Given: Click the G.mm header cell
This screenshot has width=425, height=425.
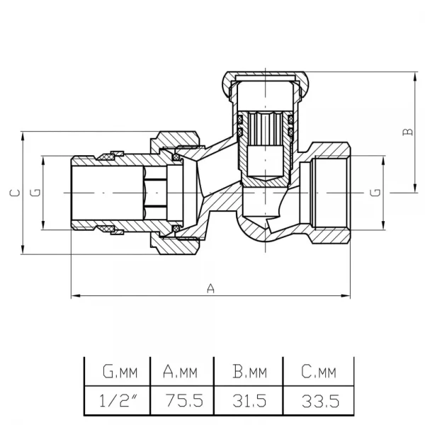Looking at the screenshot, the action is click(x=120, y=372).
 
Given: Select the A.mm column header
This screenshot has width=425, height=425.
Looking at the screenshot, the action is click(x=180, y=372).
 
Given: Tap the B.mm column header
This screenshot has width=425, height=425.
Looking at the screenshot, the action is click(x=249, y=372).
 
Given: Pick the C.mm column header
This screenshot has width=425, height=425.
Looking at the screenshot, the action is click(x=319, y=372).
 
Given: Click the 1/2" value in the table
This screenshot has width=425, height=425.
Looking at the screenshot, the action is click(x=118, y=401).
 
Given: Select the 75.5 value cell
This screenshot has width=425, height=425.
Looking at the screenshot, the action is click(x=184, y=401).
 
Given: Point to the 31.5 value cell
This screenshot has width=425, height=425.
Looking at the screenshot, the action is click(x=249, y=401).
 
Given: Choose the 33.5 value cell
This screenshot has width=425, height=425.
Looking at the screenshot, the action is click(x=320, y=401).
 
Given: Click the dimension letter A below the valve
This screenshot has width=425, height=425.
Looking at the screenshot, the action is click(x=210, y=288).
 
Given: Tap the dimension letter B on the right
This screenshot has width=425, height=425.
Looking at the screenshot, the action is click(x=408, y=132).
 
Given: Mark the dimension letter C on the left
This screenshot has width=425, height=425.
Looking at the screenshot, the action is click(x=15, y=193).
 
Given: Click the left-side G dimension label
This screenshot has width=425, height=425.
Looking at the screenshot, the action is click(x=35, y=193).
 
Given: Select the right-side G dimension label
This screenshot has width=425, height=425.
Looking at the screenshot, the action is click(x=375, y=193).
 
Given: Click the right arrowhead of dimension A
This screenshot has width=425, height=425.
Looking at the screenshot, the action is click(x=346, y=295).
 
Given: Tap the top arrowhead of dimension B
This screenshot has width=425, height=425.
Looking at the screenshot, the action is click(x=415, y=76).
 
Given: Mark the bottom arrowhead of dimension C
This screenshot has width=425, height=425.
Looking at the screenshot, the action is click(x=23, y=249).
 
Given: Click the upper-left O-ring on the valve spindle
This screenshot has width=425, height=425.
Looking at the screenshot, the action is click(x=240, y=119).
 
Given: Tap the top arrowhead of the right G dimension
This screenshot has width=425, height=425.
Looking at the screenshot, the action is click(x=383, y=161).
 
